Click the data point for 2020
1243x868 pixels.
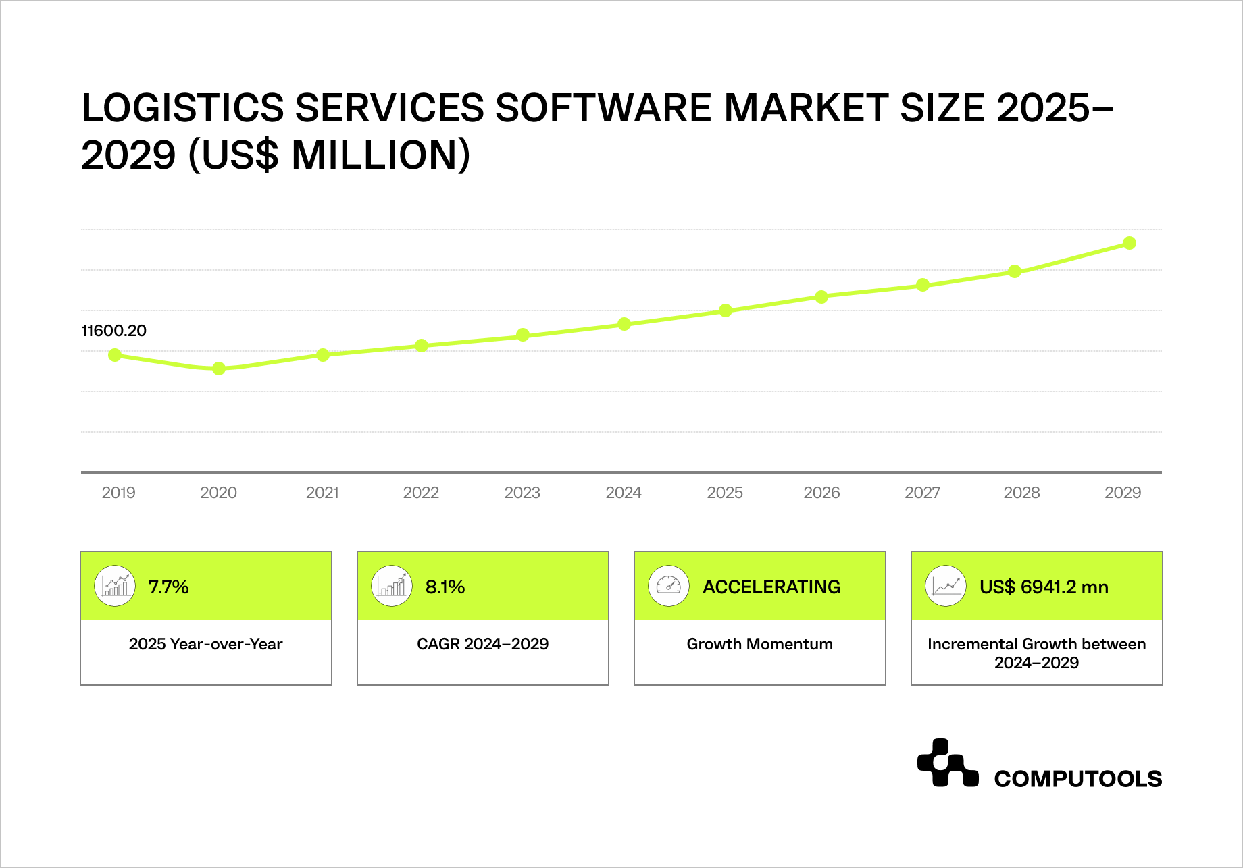point(219,369)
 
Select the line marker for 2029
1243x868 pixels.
point(1130,243)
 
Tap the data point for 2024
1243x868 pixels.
point(624,324)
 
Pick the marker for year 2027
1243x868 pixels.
point(923,285)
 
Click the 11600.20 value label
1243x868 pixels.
point(114,331)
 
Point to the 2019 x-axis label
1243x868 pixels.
point(118,493)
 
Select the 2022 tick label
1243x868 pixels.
point(421,493)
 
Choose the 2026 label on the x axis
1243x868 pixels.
point(821,493)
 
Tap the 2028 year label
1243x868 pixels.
point(1021,493)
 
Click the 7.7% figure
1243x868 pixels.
point(168,587)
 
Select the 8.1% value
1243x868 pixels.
point(445,587)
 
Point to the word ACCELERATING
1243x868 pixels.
point(771,587)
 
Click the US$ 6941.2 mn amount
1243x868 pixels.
point(1044,587)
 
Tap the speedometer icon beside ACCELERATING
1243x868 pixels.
point(668,585)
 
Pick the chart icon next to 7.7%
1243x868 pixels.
point(115,585)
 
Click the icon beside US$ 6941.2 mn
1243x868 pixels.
point(945,585)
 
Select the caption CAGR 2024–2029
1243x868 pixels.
point(482,644)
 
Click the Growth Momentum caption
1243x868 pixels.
point(759,644)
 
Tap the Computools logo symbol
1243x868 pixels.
point(947,763)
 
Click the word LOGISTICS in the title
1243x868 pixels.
point(182,108)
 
